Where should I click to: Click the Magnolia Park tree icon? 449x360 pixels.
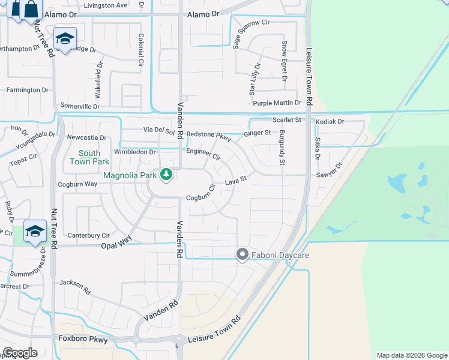166,175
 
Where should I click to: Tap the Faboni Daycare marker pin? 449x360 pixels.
242,255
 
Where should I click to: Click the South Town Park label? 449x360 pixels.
89,157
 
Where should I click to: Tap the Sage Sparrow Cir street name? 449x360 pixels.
252,32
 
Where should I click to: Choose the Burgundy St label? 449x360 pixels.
282,146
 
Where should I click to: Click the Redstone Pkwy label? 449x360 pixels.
209,135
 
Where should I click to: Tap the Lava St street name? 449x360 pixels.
236,179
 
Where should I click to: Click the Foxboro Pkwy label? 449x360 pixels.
83,339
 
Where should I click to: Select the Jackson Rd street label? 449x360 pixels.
75,286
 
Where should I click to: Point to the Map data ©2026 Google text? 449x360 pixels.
411,355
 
